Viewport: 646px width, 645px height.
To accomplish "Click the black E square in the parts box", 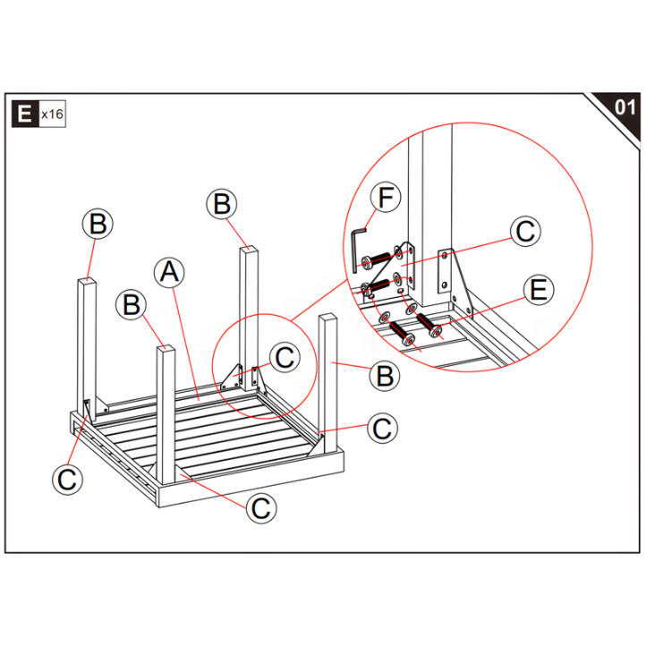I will pos(24,115).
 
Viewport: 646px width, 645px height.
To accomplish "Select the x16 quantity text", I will pos(51,115).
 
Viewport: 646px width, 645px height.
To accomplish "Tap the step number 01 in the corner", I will pos(625,107).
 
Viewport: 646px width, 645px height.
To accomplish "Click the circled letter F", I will pos(386,198).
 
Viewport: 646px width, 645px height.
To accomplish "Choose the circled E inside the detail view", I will pos(538,291).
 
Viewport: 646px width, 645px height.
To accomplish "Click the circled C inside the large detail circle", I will pos(526,231).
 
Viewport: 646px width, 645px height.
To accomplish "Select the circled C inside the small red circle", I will pos(284,358).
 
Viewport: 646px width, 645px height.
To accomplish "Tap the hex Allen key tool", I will pos(358,242).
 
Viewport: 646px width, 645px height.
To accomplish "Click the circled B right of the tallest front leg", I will pos(385,376).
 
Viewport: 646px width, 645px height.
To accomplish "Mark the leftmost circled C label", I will pos(67,480).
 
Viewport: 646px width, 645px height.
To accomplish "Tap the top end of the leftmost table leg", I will pos(87,282).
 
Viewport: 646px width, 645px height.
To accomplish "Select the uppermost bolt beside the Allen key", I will pos(379,260).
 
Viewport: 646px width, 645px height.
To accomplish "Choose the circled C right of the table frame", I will pos(382,429).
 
